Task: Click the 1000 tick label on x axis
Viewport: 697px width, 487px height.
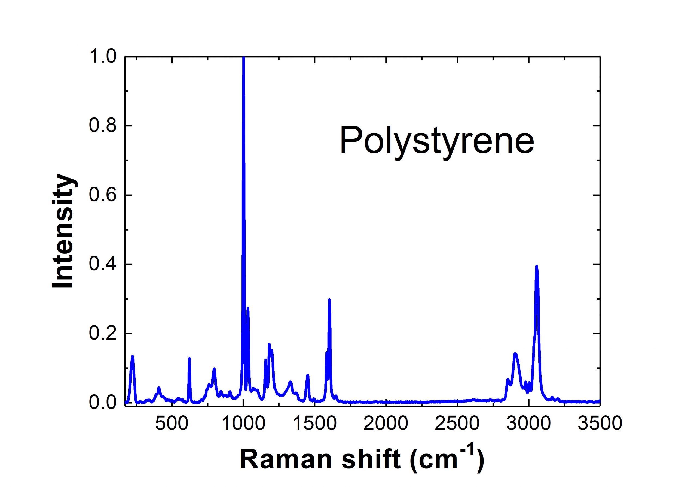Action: coord(243,423)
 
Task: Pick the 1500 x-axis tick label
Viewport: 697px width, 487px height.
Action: coord(314,423)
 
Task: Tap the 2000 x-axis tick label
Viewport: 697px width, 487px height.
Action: coord(386,423)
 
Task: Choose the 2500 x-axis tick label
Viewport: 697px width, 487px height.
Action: coord(457,423)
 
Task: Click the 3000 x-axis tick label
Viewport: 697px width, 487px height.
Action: coord(528,423)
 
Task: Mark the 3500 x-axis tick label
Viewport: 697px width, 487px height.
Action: coord(600,423)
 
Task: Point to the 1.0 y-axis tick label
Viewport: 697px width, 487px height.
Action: coord(103,57)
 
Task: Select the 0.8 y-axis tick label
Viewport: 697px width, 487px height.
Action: coord(103,126)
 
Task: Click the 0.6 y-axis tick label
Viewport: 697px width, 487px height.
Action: coord(103,195)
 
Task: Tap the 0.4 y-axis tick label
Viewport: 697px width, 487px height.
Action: coord(103,264)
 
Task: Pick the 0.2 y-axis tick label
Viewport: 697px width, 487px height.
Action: coord(103,333)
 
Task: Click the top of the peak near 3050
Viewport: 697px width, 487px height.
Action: coord(536,267)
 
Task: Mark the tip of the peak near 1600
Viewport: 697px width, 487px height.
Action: coord(329,300)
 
